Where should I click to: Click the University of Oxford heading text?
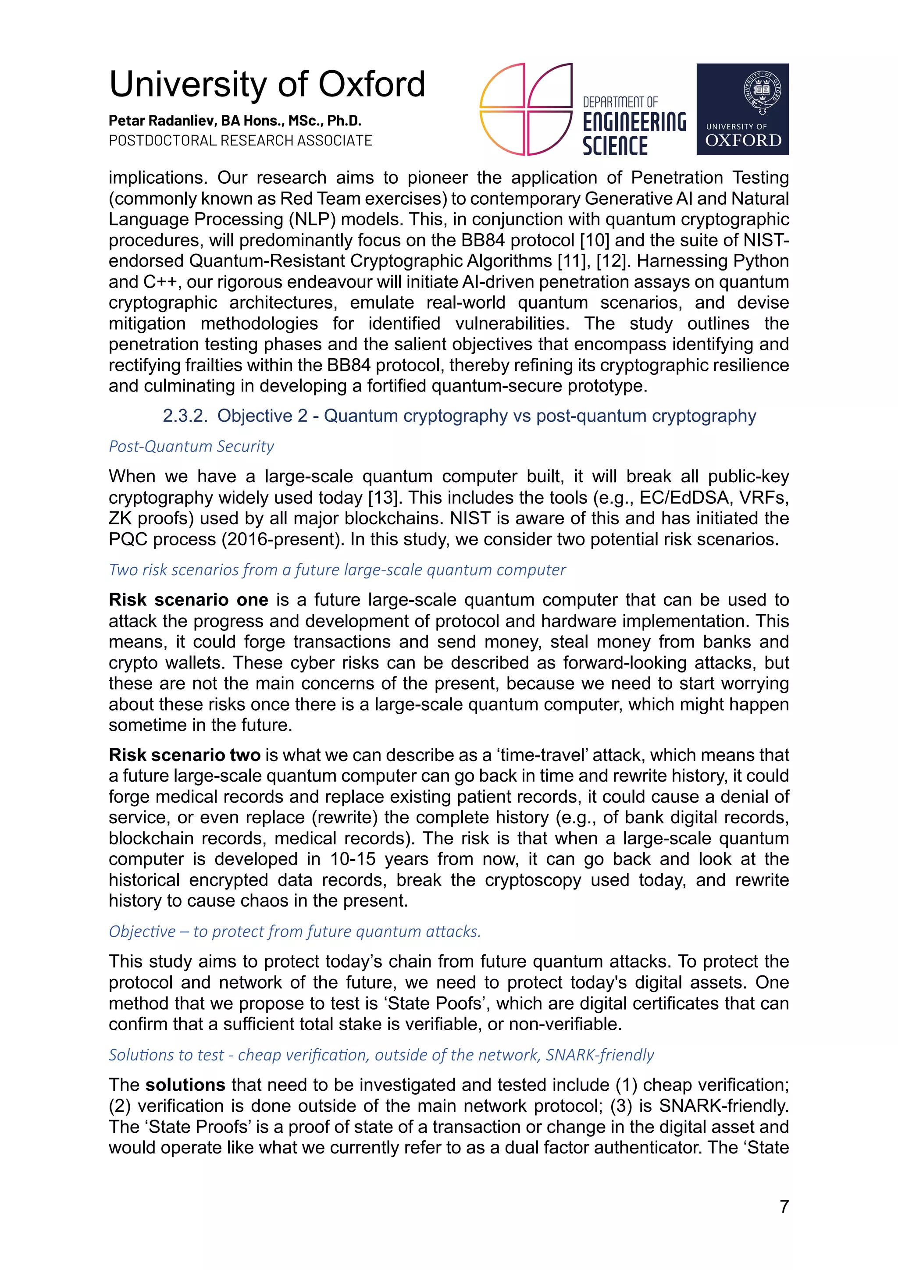pos(267,85)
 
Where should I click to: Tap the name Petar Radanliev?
pos(163,121)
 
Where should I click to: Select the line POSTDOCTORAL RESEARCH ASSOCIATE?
pos(240,140)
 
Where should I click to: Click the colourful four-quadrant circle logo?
pos(525,109)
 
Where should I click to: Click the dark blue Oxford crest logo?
pos(742,109)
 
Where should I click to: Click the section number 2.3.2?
pos(185,416)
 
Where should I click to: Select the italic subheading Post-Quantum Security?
pos(191,446)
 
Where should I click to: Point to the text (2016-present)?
pos(282,539)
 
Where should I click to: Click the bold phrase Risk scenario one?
pos(188,600)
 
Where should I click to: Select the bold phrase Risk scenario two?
pos(184,755)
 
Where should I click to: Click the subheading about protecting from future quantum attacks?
pos(294,932)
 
